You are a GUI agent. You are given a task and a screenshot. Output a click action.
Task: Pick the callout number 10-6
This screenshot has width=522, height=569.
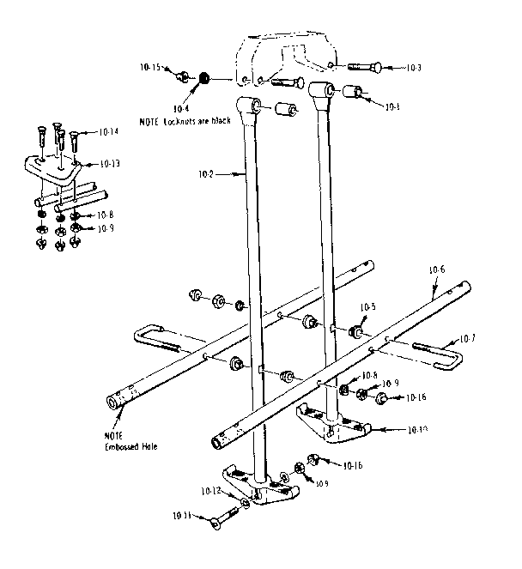pos(436,269)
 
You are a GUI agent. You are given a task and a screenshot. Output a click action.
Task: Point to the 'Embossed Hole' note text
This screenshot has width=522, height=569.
pos(128,446)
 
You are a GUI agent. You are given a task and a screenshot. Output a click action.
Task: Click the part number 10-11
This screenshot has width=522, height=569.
pos(183,515)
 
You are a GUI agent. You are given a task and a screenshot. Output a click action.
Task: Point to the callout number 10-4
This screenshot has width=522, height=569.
pos(181,109)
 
